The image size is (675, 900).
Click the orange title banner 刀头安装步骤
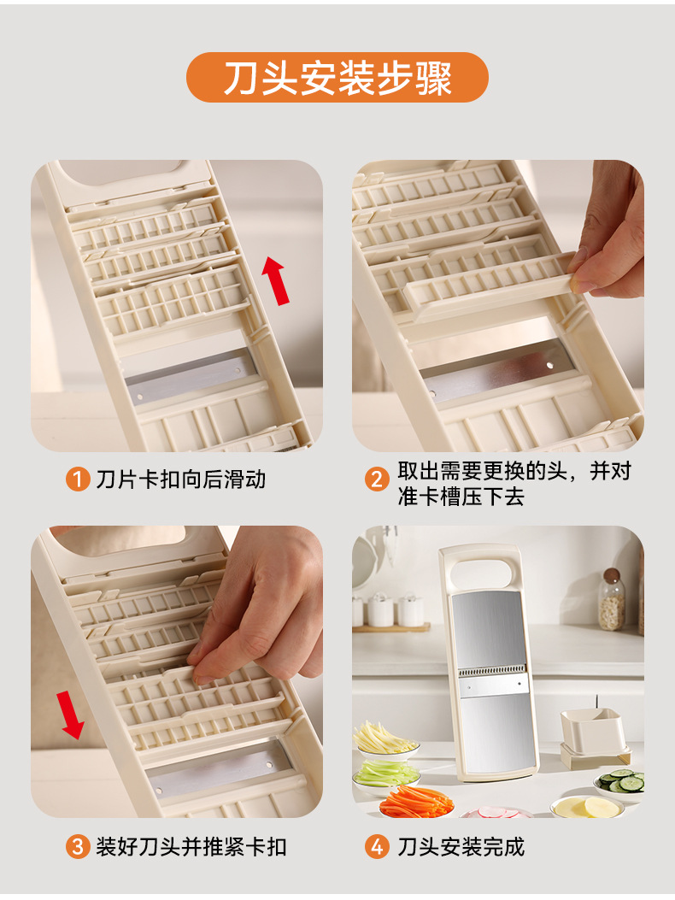337,78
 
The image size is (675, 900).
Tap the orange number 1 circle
78,479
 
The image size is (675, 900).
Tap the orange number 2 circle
377,479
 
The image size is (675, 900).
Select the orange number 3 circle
78,847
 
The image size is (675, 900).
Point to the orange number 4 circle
377,847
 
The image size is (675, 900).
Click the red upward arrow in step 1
275,279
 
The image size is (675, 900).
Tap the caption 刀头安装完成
461,847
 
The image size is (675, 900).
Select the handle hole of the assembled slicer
485,568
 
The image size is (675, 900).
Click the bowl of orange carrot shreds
416,804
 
